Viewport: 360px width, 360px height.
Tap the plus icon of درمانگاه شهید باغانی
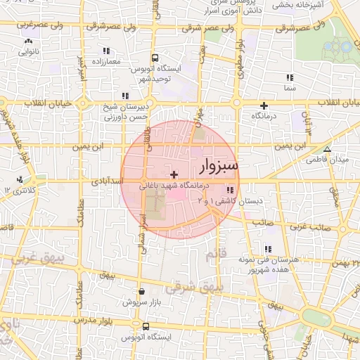(174, 174)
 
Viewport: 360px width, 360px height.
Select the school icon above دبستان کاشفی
(230, 190)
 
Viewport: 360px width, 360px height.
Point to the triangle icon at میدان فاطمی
(326, 149)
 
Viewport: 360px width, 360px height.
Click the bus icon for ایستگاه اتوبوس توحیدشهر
(155, 59)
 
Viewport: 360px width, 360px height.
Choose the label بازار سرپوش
(139, 302)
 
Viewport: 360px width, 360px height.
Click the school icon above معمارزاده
(106, 51)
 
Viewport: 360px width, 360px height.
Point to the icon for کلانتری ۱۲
(20, 180)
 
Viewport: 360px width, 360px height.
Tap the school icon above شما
(289, 77)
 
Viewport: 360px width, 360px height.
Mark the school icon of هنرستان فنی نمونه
(268, 249)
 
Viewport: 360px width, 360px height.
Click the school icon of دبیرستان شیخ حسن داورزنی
(125, 96)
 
